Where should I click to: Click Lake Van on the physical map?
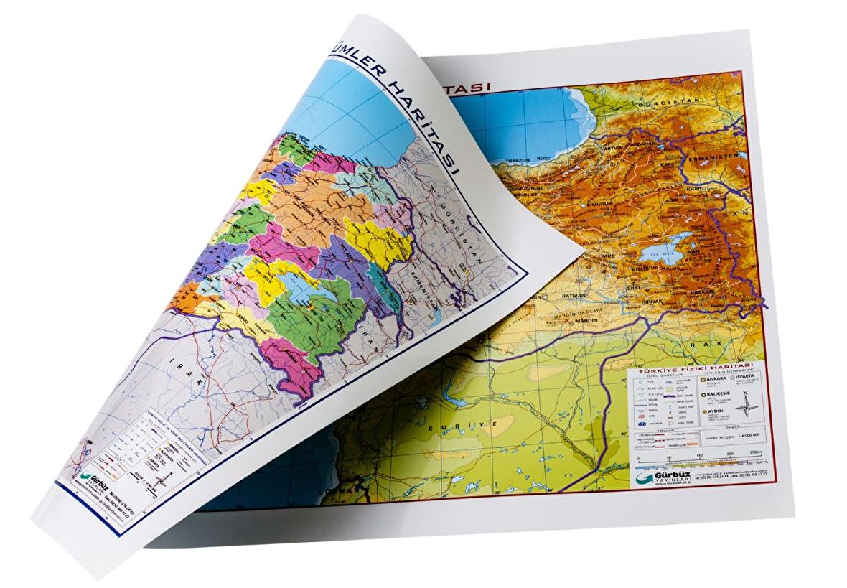tap(664, 248)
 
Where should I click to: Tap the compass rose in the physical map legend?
tap(747, 406)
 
